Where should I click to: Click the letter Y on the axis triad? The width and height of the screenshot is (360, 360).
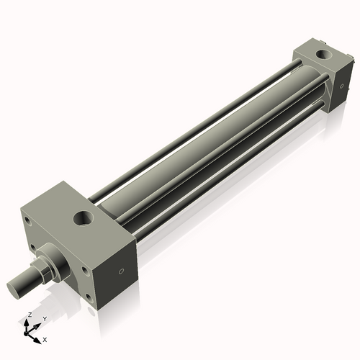(44, 318)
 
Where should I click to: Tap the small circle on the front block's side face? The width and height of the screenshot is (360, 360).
(121, 271)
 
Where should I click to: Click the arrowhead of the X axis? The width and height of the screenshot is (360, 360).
(37, 336)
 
